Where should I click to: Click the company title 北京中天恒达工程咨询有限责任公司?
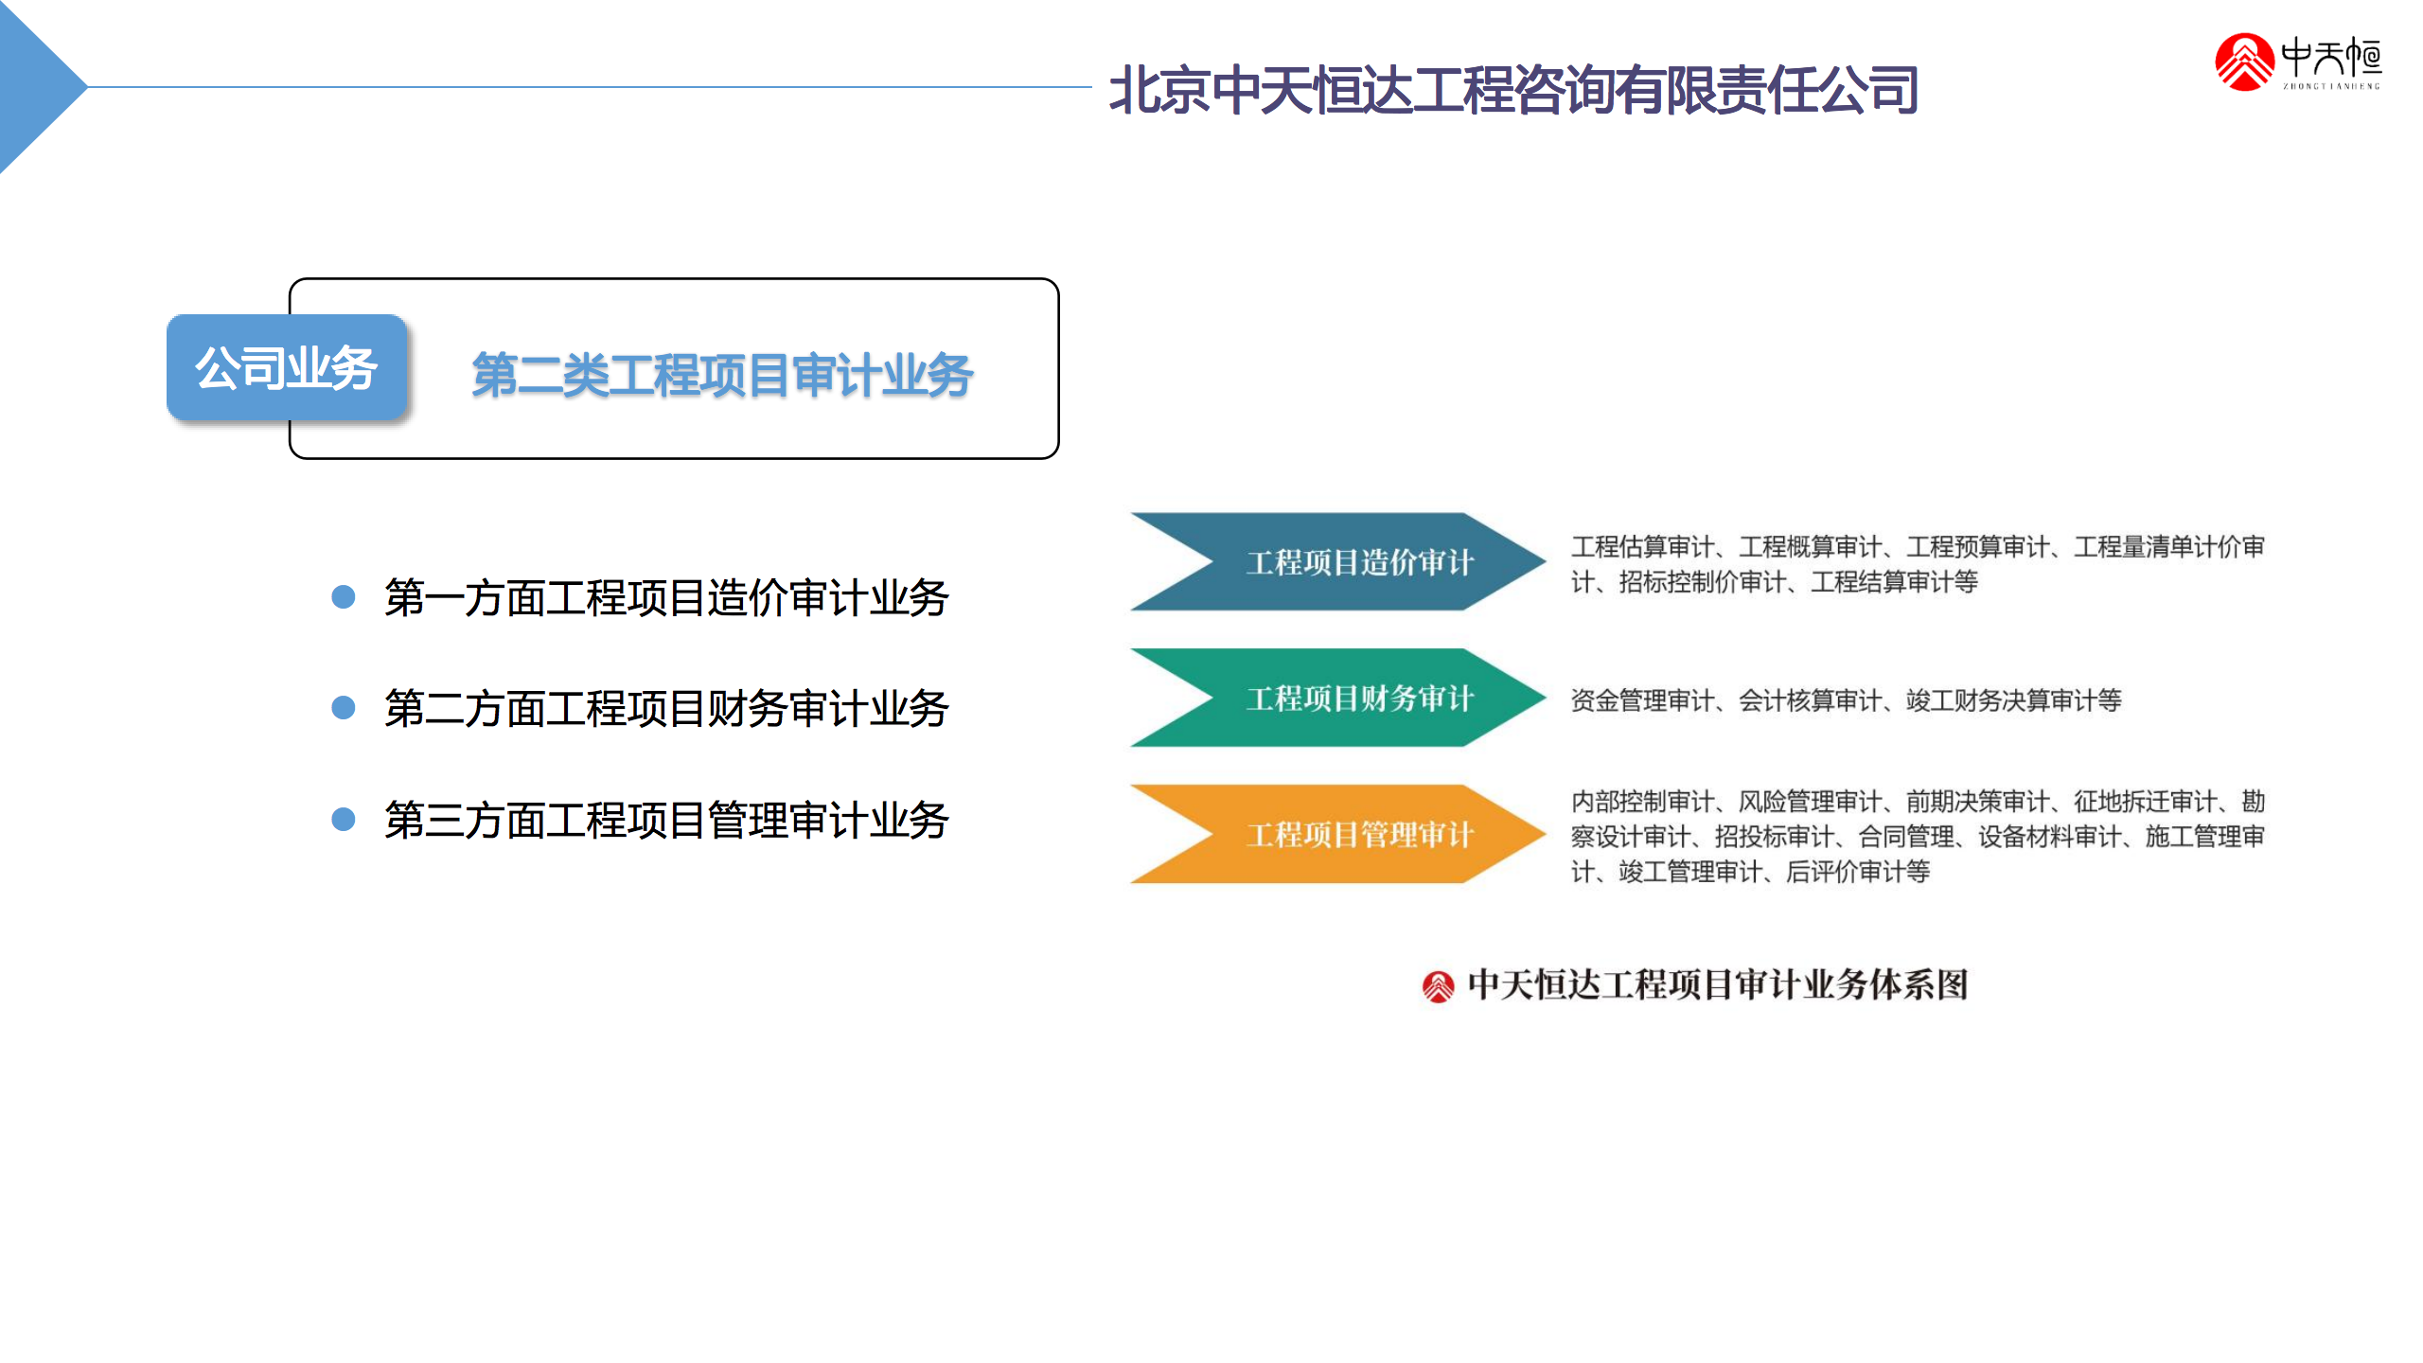tap(1513, 90)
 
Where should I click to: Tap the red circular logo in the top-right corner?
tap(2244, 62)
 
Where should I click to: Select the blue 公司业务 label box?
tap(287, 367)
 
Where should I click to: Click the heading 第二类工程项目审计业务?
tap(722, 375)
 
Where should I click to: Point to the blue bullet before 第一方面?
tap(344, 597)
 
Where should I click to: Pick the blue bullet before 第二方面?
tap(344, 708)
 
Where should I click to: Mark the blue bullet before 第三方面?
tap(344, 819)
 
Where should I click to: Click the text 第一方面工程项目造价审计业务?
tap(666, 598)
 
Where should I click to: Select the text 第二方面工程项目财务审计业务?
tap(666, 709)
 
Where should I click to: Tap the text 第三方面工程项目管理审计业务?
tap(666, 820)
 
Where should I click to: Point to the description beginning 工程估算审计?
tap(1918, 564)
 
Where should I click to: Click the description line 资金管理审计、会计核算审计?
tap(1846, 700)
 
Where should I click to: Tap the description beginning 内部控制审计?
tap(1918, 837)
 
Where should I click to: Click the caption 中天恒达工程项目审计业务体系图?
tap(1718, 985)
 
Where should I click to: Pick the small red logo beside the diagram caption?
tap(1438, 987)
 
